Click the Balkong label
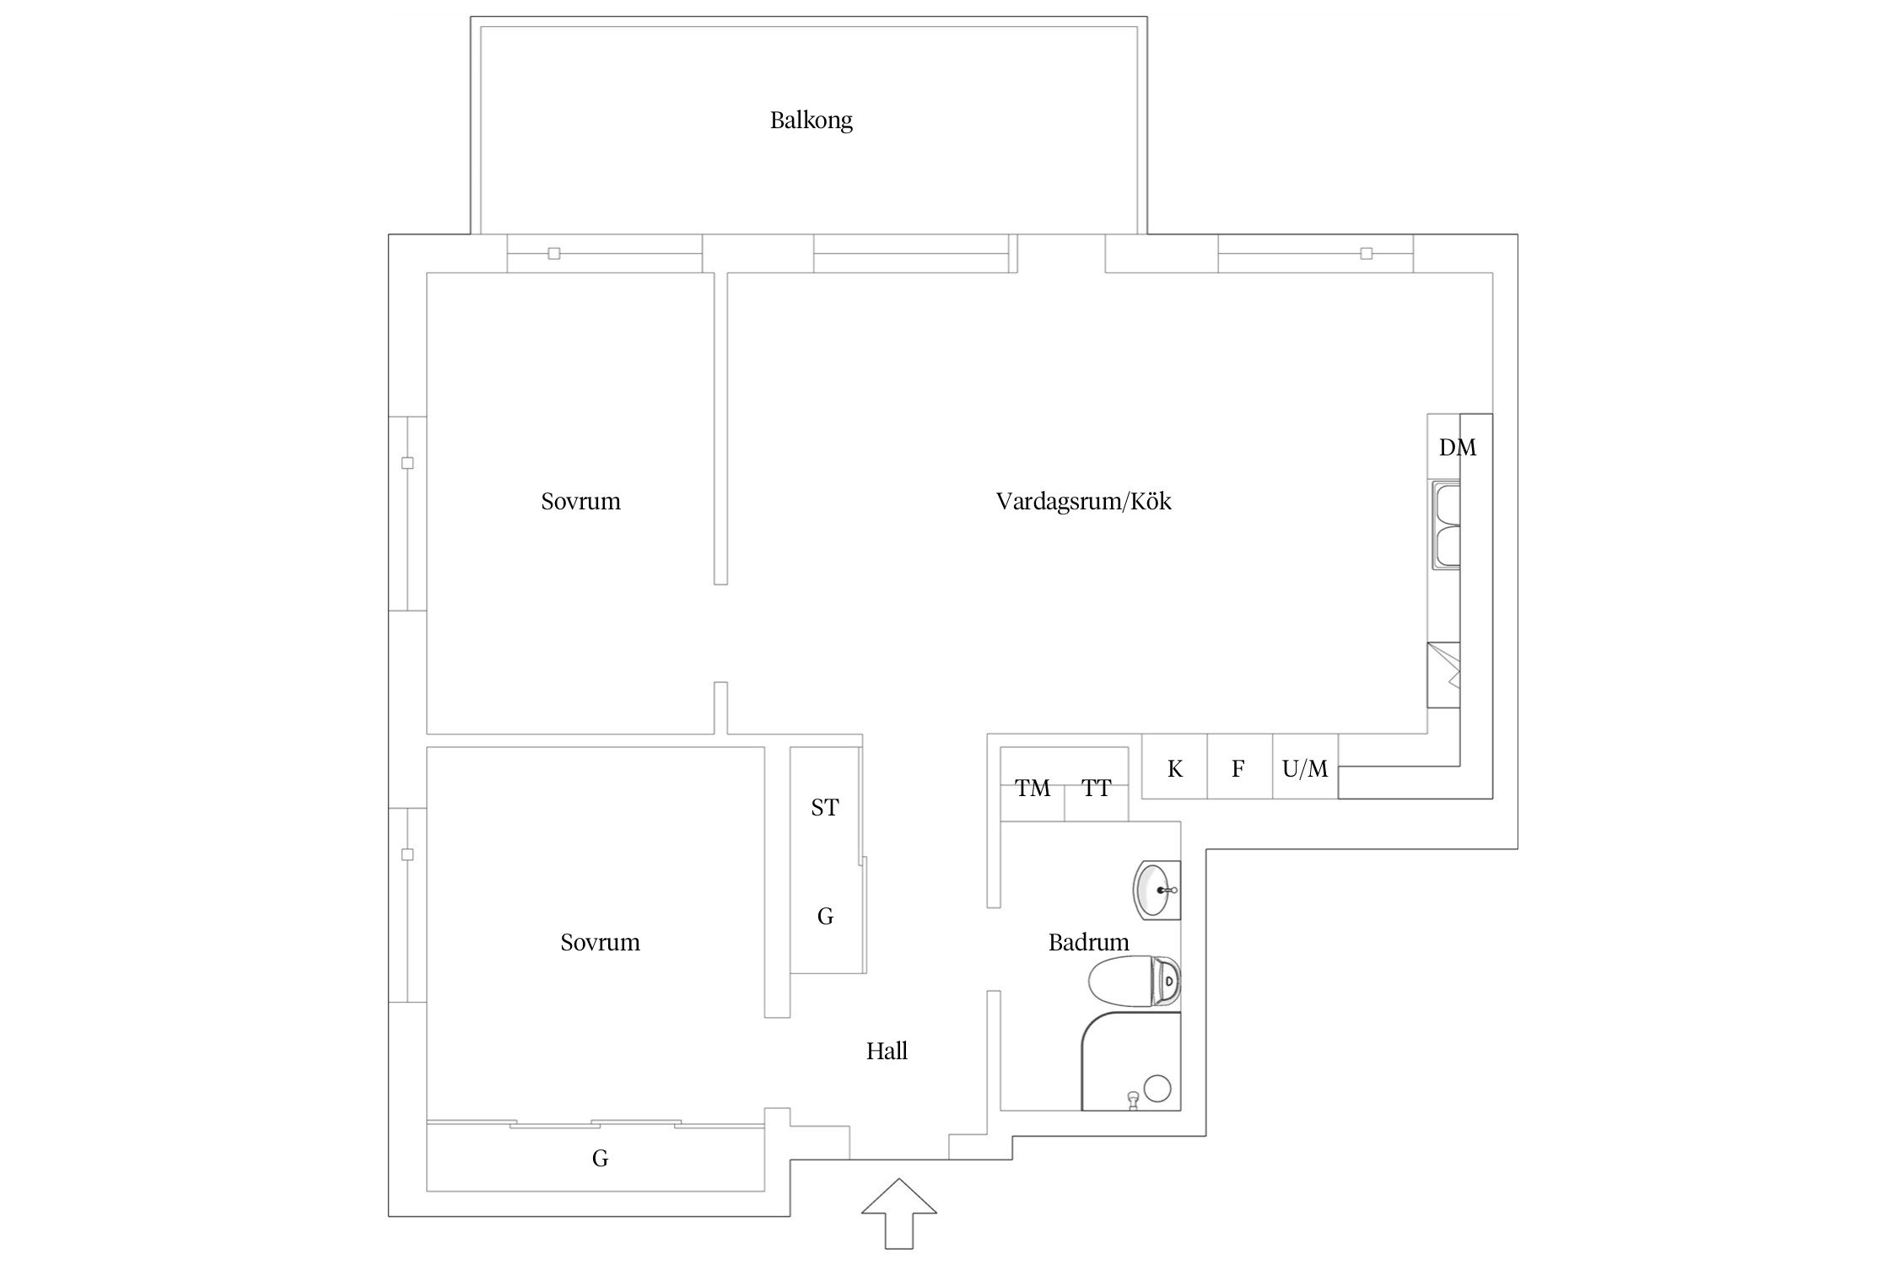pyautogui.click(x=811, y=121)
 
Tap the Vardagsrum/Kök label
pyautogui.click(x=1083, y=502)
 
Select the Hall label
pyautogui.click(x=887, y=1051)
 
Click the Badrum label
pyautogui.click(x=1088, y=942)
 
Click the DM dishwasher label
pyautogui.click(x=1457, y=448)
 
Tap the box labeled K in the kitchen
pyautogui.click(x=1174, y=767)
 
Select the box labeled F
pyautogui.click(x=1238, y=767)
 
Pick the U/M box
pyautogui.click(x=1304, y=767)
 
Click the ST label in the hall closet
pyautogui.click(x=824, y=808)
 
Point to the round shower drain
pyautogui.click(x=1157, y=1088)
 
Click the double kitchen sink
pyautogui.click(x=1445, y=525)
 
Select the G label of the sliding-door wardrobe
pyautogui.click(x=600, y=1159)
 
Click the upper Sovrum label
pyautogui.click(x=580, y=502)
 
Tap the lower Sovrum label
pyautogui.click(x=600, y=942)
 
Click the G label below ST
pyautogui.click(x=825, y=916)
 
